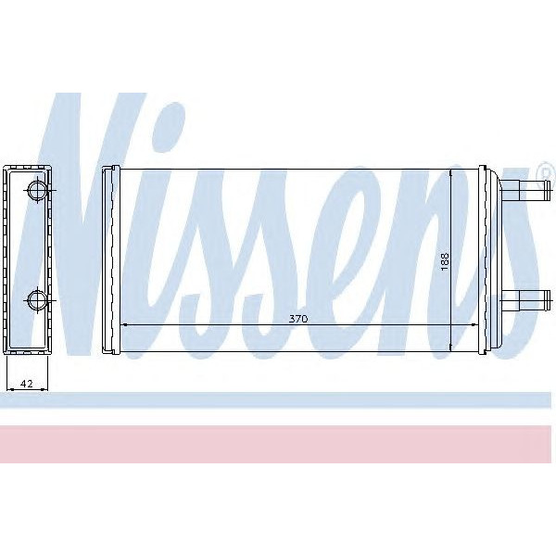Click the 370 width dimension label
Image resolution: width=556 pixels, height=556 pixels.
point(297,318)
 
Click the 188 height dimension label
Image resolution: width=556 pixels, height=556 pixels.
point(445,261)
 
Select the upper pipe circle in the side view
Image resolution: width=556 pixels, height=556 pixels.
point(36,191)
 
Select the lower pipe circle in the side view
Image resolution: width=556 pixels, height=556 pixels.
point(36,299)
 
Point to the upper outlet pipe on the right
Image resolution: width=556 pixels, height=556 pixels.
point(524,192)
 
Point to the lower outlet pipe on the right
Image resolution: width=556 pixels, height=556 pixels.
point(524,299)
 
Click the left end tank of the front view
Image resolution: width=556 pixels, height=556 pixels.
point(110,260)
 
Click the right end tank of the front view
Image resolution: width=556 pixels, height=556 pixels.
point(487,260)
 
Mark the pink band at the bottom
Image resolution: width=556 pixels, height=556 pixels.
point(278,444)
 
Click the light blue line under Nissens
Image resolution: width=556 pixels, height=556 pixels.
point(278,400)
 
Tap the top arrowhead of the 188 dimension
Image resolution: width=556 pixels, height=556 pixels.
point(451,174)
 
